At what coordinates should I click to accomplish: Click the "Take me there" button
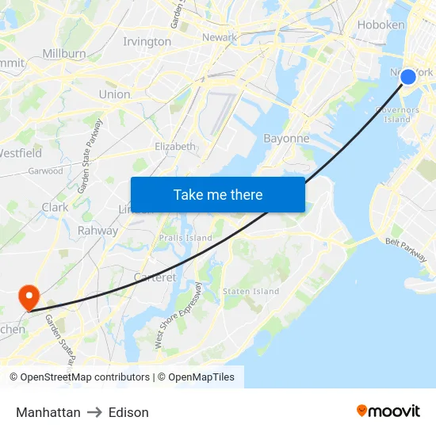(218, 194)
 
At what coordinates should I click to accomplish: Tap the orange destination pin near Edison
(29, 297)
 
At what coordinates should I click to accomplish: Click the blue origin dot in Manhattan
(407, 76)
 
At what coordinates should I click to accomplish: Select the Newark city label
(220, 37)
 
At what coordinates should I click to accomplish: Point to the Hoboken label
(381, 25)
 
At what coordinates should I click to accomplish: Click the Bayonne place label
(285, 138)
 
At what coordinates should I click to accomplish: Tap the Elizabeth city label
(175, 147)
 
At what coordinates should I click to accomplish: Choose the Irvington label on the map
(147, 41)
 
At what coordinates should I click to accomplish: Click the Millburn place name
(64, 53)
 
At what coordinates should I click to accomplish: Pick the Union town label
(114, 94)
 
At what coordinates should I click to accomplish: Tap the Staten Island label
(251, 292)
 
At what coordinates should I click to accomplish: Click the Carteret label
(155, 277)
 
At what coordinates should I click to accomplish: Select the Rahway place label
(98, 231)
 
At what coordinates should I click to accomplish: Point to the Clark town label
(55, 207)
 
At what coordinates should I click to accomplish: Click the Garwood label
(45, 171)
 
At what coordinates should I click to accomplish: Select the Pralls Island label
(185, 238)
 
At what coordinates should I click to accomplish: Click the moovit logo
(388, 411)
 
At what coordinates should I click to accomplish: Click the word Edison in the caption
(128, 412)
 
